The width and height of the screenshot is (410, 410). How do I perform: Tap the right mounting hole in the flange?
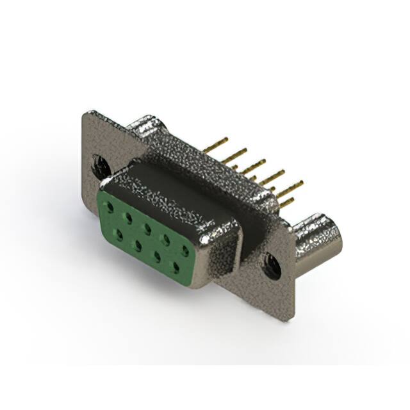(x=272, y=266)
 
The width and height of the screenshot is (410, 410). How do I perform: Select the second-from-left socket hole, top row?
(x=129, y=217)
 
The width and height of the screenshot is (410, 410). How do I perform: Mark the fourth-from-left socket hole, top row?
(x=166, y=239)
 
